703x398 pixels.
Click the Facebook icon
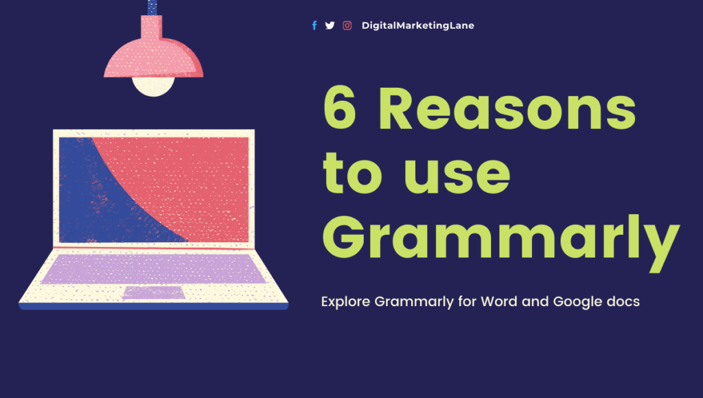(314, 25)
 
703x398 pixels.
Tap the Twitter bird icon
(330, 25)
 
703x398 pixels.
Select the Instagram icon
(347, 25)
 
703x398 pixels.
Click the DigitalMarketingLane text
(417, 25)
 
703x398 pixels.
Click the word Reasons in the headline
(507, 111)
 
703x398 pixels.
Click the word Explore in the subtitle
(345, 302)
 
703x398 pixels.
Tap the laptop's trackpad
(154, 293)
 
